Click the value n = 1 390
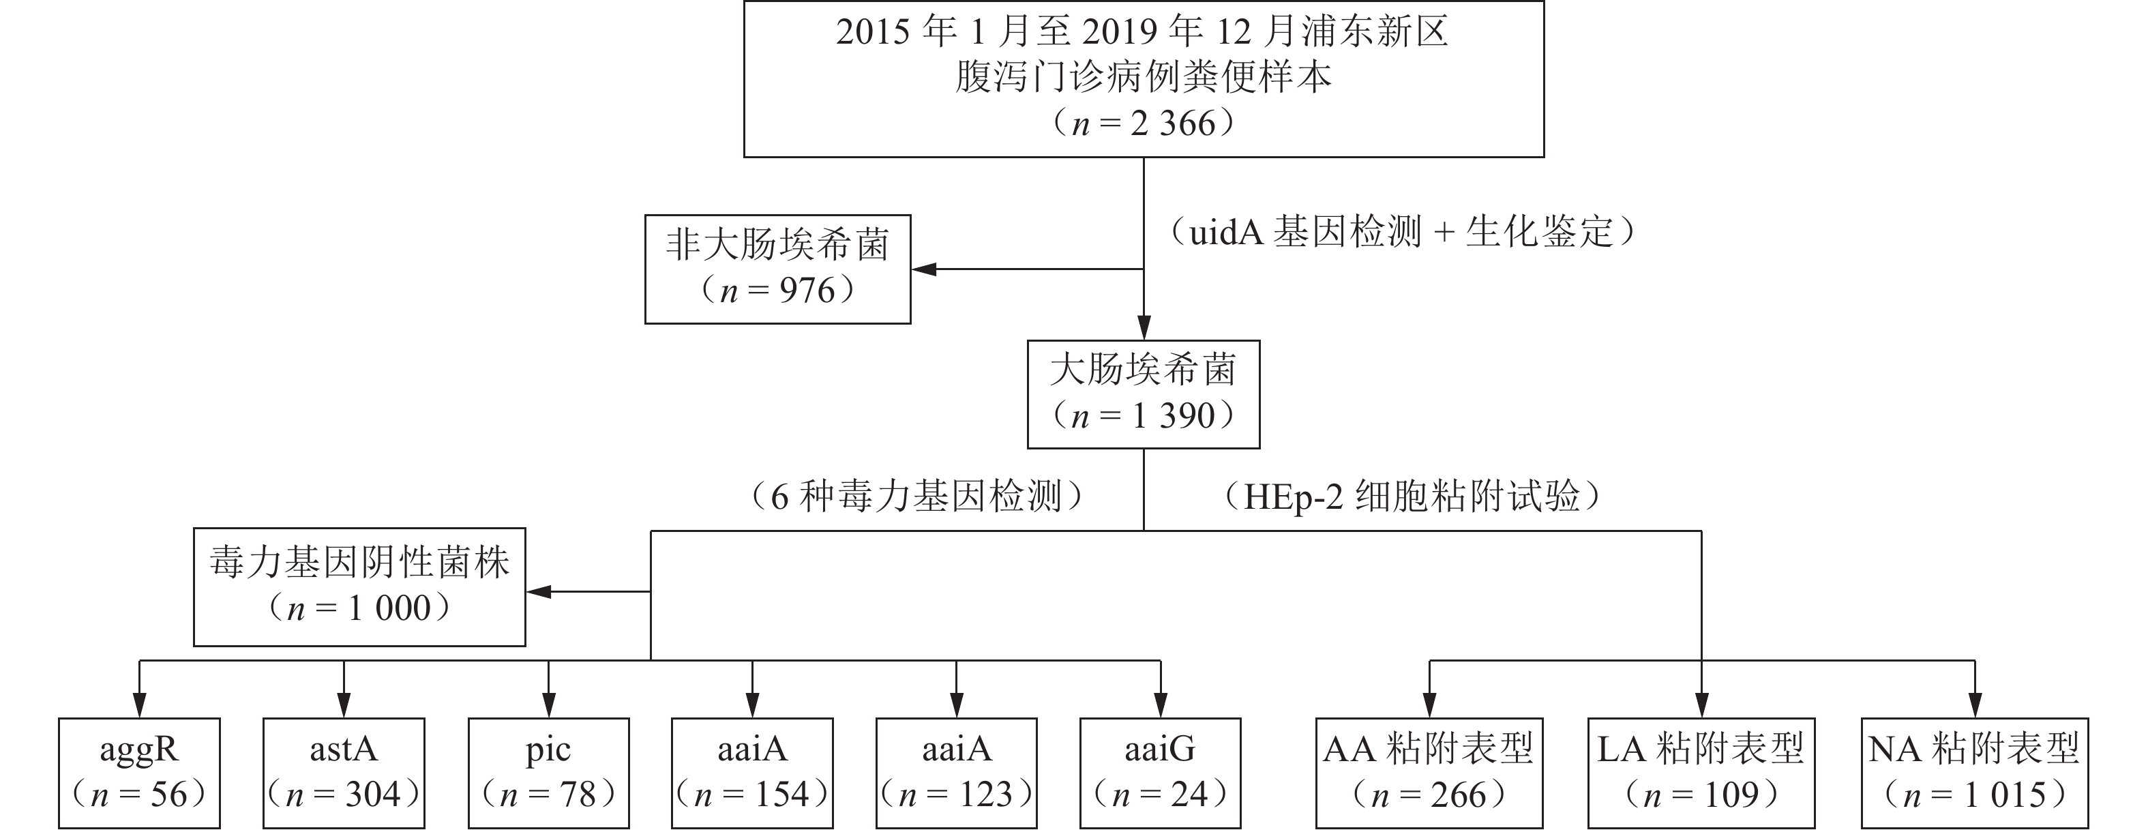tap(1143, 415)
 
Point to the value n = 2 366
tap(1143, 123)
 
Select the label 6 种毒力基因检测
tap(917, 496)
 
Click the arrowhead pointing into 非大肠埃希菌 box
tap(924, 269)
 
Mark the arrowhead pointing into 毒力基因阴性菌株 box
tap(539, 591)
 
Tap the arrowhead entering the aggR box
tap(139, 705)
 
